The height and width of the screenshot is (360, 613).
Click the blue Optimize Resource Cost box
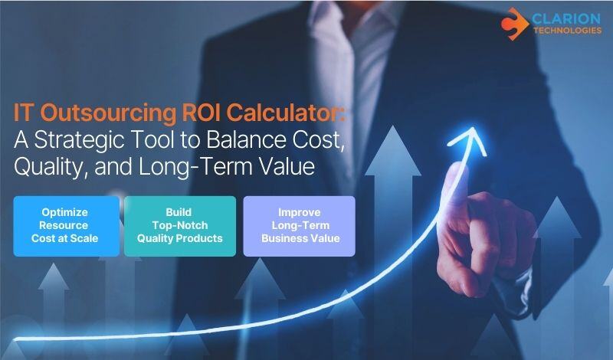click(66, 225)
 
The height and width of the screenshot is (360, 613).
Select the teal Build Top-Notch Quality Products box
click(180, 225)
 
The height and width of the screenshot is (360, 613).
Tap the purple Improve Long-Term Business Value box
click(299, 225)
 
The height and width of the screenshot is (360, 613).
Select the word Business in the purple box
click(284, 238)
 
